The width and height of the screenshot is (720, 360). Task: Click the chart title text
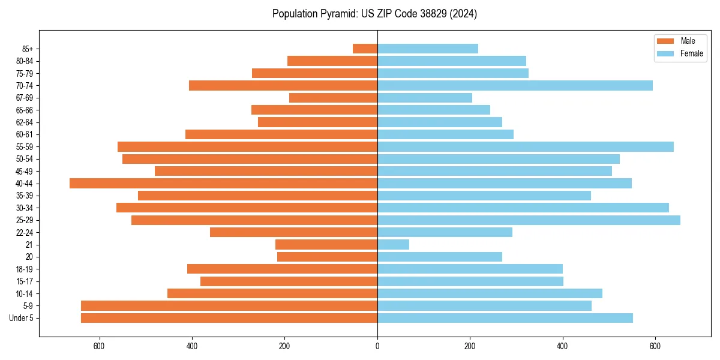coord(374,14)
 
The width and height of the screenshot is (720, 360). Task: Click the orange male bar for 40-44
coord(223,184)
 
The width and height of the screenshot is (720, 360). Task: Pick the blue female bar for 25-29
coord(529,220)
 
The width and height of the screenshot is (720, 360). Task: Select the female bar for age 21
coord(393,245)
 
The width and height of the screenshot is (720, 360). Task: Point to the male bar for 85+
coord(365,49)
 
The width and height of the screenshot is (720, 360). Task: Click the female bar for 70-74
coord(515,86)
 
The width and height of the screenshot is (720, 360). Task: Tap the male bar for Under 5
coord(229,318)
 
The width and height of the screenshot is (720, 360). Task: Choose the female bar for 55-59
coord(526,147)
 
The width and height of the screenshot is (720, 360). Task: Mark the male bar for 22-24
coord(293,232)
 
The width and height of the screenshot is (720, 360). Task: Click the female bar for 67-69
coord(425,98)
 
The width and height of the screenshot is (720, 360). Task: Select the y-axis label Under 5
coord(22,318)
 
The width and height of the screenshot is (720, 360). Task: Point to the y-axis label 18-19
coord(25,269)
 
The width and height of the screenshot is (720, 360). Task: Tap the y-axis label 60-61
coord(25,135)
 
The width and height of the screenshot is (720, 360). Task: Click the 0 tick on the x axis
coord(377,346)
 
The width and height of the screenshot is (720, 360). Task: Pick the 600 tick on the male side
coord(100,346)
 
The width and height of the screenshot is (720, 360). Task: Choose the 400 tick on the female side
coord(562,346)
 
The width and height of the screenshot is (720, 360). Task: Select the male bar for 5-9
coord(229,306)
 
